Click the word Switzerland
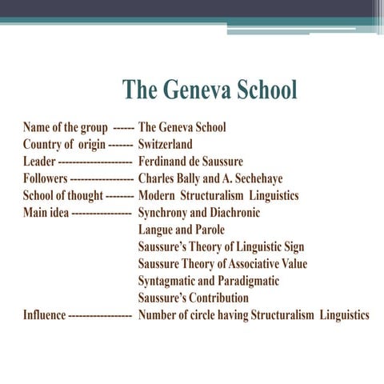(x=165, y=145)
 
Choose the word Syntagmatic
(x=166, y=281)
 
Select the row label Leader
(x=39, y=162)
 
